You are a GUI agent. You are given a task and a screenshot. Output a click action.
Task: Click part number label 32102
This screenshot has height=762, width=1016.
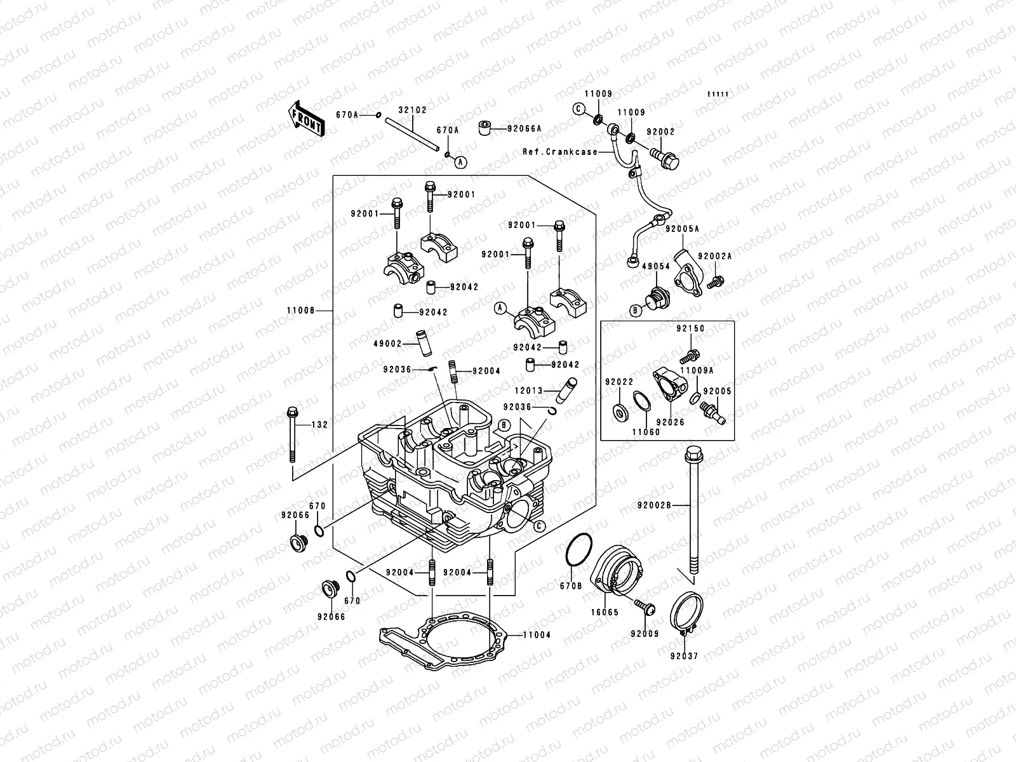point(412,109)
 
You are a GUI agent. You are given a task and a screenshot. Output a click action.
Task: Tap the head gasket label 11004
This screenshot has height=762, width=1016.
point(537,634)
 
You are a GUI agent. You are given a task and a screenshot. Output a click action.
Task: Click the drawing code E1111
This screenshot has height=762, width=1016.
point(718,95)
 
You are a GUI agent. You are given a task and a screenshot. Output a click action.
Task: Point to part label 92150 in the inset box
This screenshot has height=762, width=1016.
point(690,329)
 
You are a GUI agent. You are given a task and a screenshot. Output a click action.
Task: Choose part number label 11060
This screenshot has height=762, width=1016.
point(646,432)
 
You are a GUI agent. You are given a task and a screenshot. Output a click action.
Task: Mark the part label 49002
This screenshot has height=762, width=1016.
point(389,344)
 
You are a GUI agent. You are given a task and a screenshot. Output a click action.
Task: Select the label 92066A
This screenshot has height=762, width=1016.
point(524,128)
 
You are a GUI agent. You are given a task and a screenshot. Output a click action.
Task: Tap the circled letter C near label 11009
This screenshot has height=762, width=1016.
point(578,109)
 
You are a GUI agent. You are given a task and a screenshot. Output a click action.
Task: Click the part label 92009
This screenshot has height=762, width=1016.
point(644,634)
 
